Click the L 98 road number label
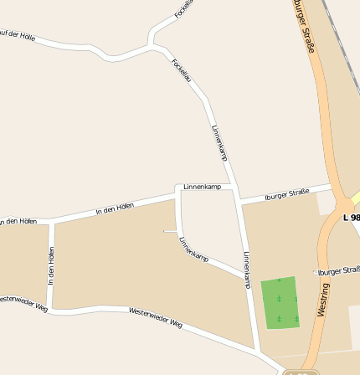352,218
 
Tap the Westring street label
323,299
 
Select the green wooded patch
280,302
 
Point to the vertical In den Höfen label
51,266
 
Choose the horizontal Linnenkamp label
203,187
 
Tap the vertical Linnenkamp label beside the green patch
246,270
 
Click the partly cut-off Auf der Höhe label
17,35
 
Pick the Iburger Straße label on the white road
286,194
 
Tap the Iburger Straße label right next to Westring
340,270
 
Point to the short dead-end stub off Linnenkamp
170,231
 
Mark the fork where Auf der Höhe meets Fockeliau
151,44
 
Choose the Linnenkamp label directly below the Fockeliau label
219,142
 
